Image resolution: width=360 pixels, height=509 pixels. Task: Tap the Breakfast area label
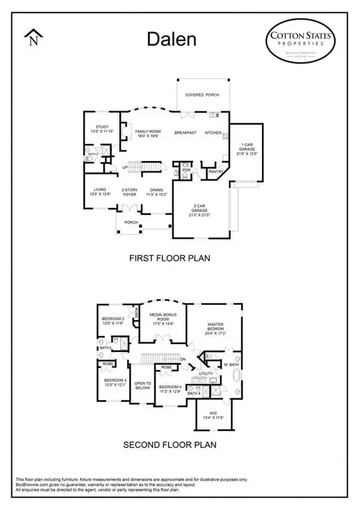pyautogui.click(x=185, y=133)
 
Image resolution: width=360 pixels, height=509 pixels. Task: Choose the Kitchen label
pyautogui.click(x=213, y=133)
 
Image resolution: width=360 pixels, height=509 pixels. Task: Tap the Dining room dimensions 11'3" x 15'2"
pyautogui.click(x=156, y=196)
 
